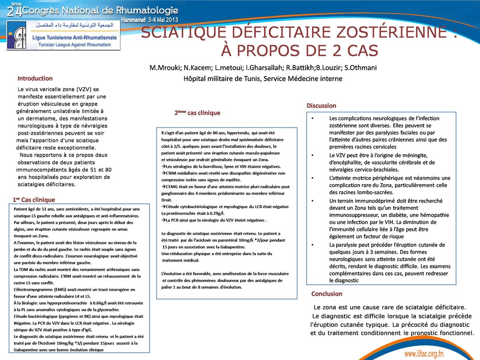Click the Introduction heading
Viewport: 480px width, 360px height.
(x=35, y=78)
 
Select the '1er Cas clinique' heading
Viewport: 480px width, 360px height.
(x=34, y=200)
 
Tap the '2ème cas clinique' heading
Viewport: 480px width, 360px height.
(x=197, y=113)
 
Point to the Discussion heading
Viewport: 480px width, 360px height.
(x=321, y=105)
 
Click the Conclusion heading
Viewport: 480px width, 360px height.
(x=327, y=294)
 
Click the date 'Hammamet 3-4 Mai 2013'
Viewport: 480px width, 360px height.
(x=150, y=20)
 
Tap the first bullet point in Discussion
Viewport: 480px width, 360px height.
(x=313, y=119)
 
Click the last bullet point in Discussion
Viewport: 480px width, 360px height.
(x=313, y=245)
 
